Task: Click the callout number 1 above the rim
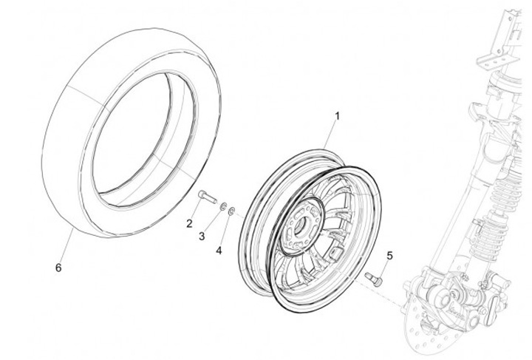337,116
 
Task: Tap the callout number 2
189,223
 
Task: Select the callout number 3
202,237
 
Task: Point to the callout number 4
219,251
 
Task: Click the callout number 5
389,256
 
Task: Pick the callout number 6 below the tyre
58,268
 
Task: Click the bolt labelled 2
208,197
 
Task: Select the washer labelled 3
223,206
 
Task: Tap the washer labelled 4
231,211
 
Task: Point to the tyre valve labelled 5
374,279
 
